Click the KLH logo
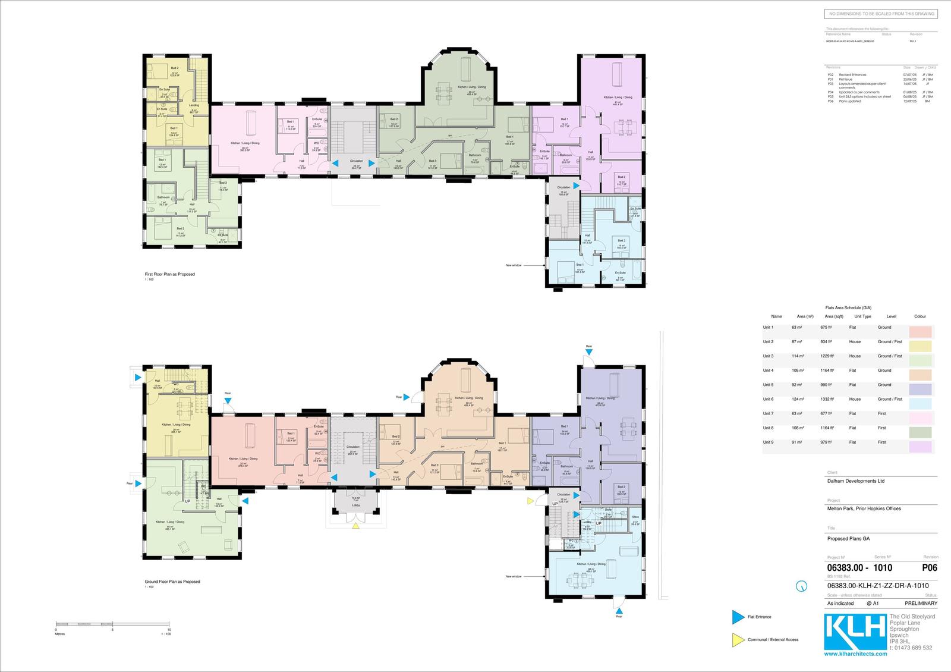855,632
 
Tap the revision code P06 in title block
930,567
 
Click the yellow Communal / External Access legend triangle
738,639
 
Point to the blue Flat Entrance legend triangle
738,617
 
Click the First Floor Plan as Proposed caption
170,274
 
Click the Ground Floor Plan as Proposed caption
172,581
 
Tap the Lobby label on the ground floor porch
355,505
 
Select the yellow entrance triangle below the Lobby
355,526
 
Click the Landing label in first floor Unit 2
194,105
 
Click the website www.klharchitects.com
855,654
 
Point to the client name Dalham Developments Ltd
855,481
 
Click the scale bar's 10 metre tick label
169,629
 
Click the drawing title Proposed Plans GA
848,538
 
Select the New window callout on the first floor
514,265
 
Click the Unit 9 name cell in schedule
769,442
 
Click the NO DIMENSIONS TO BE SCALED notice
881,14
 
